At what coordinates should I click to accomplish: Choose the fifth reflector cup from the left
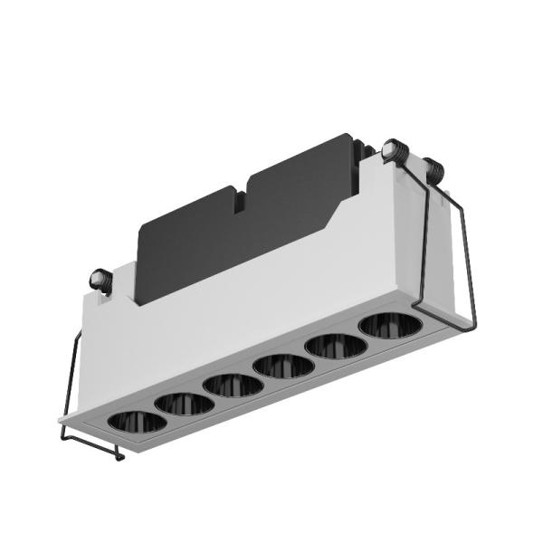click(x=335, y=345)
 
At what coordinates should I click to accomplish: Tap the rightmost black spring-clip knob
click(x=435, y=169)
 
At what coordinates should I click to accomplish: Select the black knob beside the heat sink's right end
click(x=395, y=151)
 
